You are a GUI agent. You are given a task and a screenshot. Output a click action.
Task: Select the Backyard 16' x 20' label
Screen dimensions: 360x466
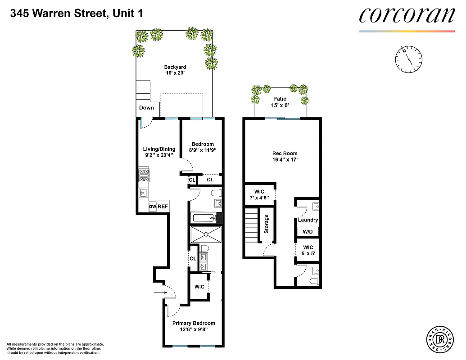coord(175,70)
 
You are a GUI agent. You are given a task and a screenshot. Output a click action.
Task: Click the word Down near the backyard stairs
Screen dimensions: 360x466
coord(146,108)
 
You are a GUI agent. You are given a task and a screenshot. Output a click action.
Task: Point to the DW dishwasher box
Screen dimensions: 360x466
coord(152,207)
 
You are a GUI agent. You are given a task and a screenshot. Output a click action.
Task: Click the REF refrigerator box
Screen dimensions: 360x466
coord(163,207)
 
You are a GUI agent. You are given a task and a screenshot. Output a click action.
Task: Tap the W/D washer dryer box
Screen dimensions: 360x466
coord(308,231)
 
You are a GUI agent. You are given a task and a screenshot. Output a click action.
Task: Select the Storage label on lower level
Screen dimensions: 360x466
coord(266,224)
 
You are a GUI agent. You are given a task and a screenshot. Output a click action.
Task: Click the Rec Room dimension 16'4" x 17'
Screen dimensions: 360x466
coord(285,159)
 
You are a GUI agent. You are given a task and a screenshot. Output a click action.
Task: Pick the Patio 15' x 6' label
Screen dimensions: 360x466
coord(280,102)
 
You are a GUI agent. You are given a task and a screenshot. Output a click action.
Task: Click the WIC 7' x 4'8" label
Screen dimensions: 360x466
coord(259,195)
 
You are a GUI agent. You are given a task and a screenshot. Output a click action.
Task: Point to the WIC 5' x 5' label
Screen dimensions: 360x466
coord(308,250)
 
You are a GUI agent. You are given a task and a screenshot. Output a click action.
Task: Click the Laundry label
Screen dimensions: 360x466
coord(308,220)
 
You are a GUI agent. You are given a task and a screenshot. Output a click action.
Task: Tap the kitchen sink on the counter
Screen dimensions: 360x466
coord(144,193)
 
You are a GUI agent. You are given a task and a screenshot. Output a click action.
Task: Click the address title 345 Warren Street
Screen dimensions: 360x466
coord(76,14)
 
